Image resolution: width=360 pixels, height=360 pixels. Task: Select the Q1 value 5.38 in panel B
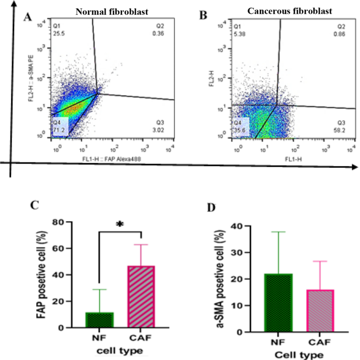pyautogui.click(x=239, y=33)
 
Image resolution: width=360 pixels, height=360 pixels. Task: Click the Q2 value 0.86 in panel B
pyautogui.click(x=342, y=33)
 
